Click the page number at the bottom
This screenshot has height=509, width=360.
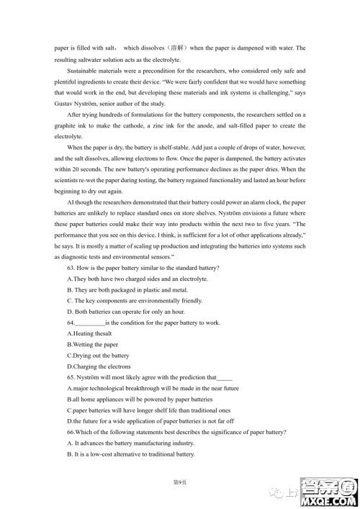point(179,481)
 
